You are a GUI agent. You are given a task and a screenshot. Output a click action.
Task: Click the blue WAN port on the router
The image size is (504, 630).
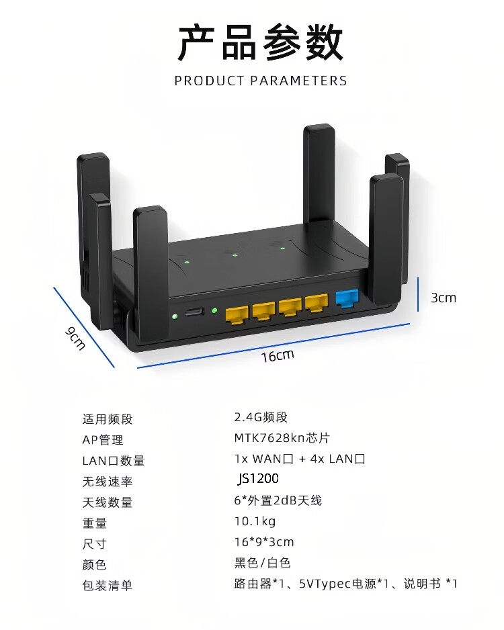click(x=347, y=298)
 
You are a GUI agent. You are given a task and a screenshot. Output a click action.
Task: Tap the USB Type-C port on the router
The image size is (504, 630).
click(x=194, y=312)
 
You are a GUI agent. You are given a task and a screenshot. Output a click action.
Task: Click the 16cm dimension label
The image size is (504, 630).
click(x=278, y=355)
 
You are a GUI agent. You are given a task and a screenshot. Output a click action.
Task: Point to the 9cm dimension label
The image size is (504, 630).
click(x=75, y=339)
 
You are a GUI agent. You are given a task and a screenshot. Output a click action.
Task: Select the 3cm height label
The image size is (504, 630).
click(x=444, y=298)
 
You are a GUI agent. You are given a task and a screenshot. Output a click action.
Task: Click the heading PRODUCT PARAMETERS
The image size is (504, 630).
click(x=261, y=81)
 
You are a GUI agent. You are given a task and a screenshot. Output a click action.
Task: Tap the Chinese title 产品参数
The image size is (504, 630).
click(x=261, y=42)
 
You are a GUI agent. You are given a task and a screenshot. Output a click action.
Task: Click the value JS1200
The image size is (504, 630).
click(x=258, y=478)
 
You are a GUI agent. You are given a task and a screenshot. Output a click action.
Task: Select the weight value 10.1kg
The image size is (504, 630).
click(x=255, y=521)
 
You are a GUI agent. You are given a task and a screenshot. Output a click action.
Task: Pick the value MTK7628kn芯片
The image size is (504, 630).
click(x=282, y=437)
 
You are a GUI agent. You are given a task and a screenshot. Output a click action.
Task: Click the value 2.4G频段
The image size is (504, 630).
click(x=261, y=417)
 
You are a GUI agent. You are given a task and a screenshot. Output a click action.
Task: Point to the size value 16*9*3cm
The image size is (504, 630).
click(x=264, y=542)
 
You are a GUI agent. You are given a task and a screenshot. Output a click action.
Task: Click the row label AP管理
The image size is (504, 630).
click(x=103, y=440)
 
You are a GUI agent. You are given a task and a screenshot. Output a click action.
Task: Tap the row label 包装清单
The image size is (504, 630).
click(x=108, y=586)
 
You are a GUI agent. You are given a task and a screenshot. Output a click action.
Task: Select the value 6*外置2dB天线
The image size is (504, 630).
click(x=278, y=500)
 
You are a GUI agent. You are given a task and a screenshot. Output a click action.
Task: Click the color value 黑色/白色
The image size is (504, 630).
click(x=263, y=563)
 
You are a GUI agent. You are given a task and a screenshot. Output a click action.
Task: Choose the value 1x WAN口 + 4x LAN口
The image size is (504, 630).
click(x=300, y=459)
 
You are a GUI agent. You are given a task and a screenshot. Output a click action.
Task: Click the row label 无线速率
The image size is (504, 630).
click(x=108, y=482)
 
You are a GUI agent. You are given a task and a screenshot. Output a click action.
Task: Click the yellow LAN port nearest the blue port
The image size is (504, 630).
click(x=317, y=304)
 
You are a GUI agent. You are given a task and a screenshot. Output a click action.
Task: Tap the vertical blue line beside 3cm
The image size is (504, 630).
click(x=418, y=294)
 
